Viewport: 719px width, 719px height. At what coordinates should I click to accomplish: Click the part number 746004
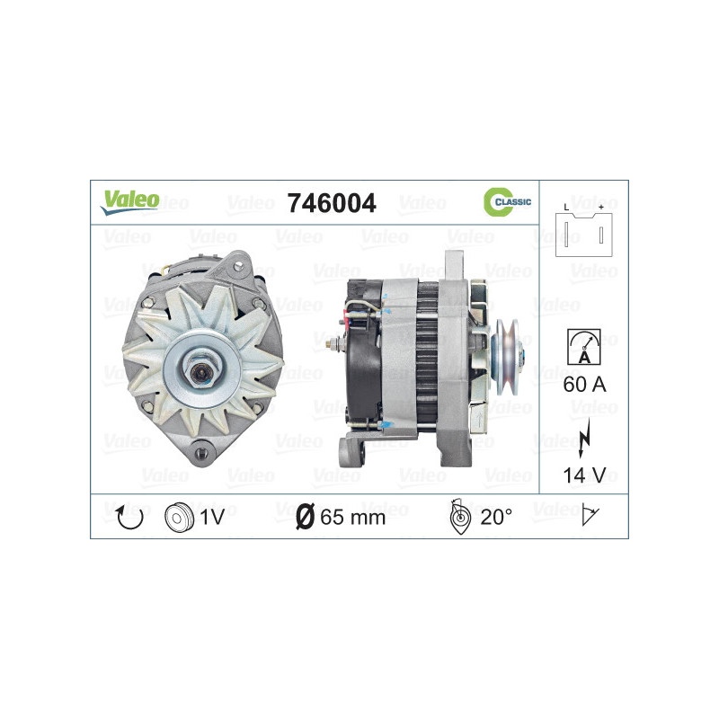tap(331, 203)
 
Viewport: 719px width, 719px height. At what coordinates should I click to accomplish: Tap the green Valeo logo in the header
tap(130, 201)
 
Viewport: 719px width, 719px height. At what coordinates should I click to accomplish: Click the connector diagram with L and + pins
tap(583, 232)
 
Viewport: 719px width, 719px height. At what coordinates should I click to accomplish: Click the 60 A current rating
tap(584, 386)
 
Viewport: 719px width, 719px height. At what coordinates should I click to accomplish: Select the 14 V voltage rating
tap(584, 474)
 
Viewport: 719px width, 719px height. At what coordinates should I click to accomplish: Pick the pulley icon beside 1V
tap(180, 516)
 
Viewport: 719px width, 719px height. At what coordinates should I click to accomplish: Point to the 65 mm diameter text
tap(352, 517)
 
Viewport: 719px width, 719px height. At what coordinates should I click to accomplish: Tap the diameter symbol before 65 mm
tap(304, 517)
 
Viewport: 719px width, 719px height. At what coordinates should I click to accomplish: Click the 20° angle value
tap(495, 517)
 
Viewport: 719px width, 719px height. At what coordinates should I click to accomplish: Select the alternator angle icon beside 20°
tap(458, 516)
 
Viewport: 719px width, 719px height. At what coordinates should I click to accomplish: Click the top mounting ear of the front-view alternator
tap(238, 262)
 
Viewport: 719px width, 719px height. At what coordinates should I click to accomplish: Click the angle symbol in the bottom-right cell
tap(591, 516)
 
